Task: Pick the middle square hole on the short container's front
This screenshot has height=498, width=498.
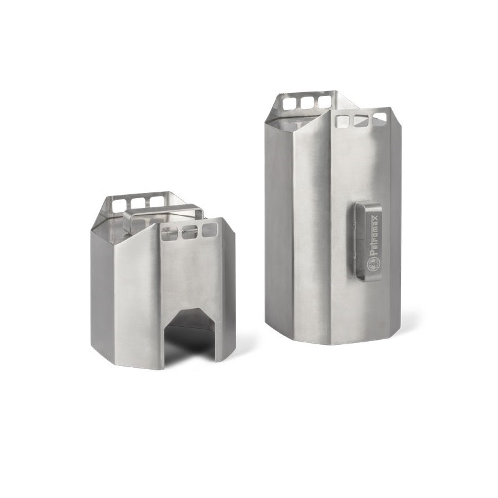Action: pos(189,233)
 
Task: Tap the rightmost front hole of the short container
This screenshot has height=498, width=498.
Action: pos(209,231)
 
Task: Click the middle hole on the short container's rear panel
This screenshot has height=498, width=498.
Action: pos(136,203)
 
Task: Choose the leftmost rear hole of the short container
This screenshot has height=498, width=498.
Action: pos(116,204)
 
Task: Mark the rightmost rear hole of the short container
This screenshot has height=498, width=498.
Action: pos(156,202)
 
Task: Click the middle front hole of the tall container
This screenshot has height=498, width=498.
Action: pos(360,120)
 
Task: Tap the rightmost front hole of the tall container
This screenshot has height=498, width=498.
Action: pos(379,117)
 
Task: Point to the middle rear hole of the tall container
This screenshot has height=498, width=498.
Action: pos(306,101)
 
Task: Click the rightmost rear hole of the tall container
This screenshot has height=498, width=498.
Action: pos(324,100)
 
